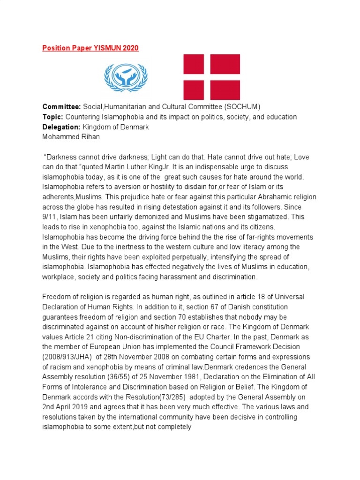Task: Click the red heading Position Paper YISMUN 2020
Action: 90,48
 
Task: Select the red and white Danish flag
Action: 211,77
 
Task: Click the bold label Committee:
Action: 62,107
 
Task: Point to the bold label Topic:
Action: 53,117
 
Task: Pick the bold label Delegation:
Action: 62,127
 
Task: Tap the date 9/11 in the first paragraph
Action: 50,217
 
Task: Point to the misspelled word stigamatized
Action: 269,217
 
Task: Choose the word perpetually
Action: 169,257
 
